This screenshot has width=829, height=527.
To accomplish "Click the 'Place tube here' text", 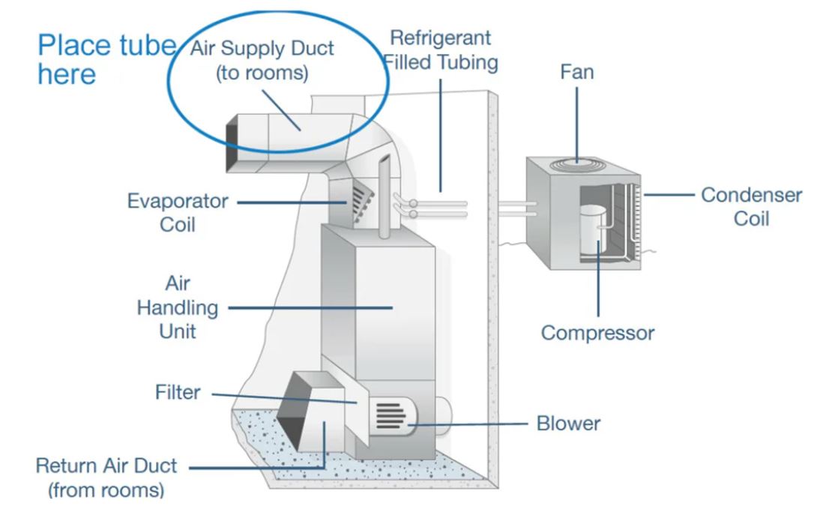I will (x=106, y=60).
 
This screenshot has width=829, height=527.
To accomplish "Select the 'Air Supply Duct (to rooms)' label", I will (x=262, y=61).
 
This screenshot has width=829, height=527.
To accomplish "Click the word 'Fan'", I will (x=578, y=73).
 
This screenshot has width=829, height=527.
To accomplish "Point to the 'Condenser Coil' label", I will (x=751, y=206).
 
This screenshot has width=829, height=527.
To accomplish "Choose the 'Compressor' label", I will (x=597, y=333).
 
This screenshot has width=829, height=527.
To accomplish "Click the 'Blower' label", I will (x=568, y=424).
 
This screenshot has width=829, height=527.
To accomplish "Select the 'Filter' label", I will (x=178, y=392).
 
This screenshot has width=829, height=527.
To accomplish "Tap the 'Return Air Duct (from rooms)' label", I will (x=106, y=478).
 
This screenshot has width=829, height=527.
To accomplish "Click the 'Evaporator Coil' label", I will (x=178, y=212).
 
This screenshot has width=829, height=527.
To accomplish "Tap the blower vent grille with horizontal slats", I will (x=389, y=415).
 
